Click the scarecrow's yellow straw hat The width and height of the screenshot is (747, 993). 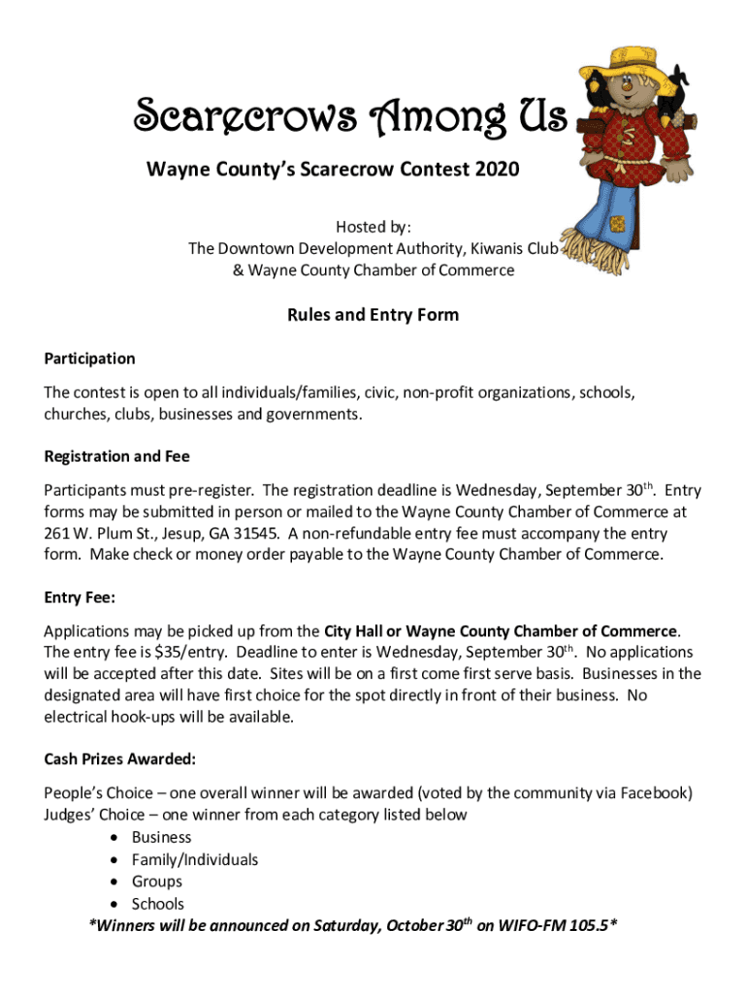point(633,56)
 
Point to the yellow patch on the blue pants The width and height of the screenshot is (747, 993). point(617,224)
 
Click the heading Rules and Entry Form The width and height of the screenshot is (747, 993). point(373,315)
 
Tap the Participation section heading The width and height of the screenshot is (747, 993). point(90,359)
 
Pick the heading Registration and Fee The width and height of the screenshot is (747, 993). point(117,456)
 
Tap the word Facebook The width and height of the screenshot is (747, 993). point(657,793)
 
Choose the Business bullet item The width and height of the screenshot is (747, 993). point(162,837)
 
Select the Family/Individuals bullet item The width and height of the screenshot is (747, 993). point(195,859)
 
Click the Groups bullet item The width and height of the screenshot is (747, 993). point(157,881)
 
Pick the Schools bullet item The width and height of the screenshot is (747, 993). point(158,904)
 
